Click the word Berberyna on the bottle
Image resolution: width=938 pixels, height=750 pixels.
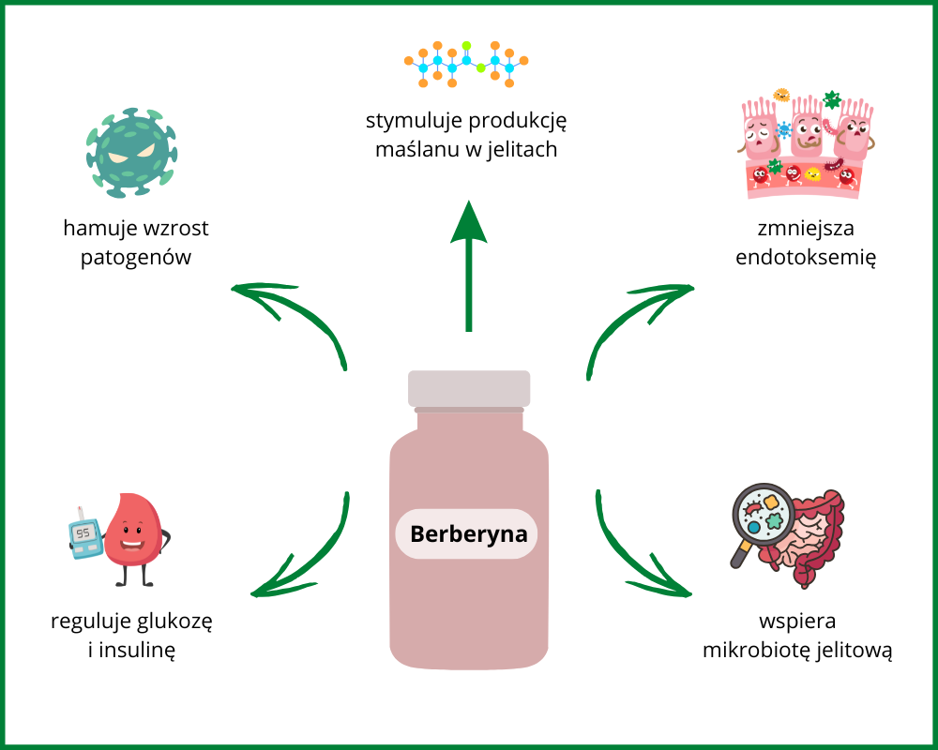tap(468, 535)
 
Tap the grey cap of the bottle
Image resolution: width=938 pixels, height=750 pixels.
tap(469, 388)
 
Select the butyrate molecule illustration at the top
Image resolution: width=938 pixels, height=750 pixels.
tap(466, 64)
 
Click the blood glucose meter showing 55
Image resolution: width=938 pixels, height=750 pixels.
tap(84, 534)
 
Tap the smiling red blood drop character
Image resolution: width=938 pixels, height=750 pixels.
tap(132, 534)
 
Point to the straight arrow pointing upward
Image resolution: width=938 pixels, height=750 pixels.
tap(468, 262)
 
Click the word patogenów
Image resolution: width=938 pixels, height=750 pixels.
tap(136, 257)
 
